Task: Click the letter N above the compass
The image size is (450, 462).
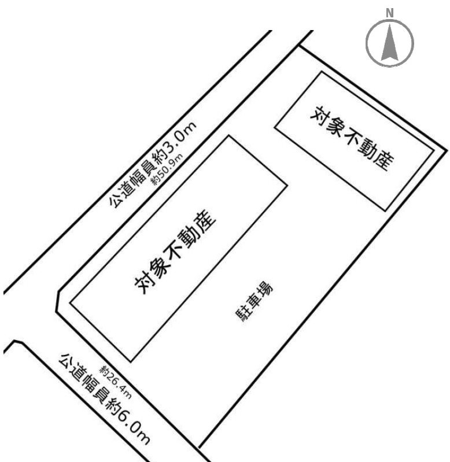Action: coord(390,13)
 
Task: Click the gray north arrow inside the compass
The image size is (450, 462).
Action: coord(390,42)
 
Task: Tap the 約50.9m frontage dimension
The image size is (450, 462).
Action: coord(167,169)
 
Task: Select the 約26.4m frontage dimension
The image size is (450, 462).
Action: coord(116,382)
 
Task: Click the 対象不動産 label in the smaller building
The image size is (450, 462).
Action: coord(352,138)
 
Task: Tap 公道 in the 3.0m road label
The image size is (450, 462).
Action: coord(121,195)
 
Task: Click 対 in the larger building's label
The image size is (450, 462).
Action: coord(143,285)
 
